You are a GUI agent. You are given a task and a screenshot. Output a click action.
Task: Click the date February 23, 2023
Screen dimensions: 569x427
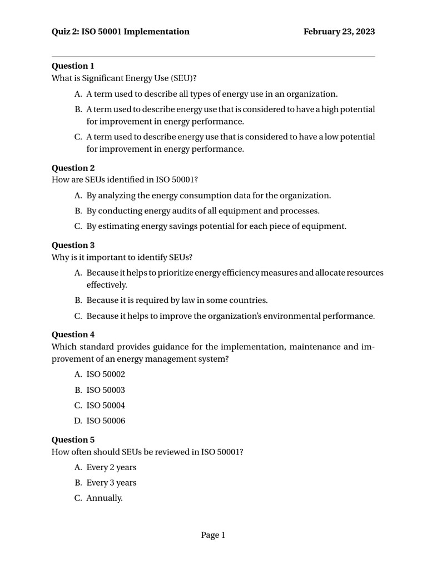click(x=339, y=32)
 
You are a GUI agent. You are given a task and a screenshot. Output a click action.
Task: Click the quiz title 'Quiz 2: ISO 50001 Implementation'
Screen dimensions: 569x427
click(x=121, y=32)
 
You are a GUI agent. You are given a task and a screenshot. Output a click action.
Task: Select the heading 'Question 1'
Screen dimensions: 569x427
click(x=73, y=66)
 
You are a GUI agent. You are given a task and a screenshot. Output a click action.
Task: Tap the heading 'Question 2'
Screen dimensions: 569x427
click(x=73, y=168)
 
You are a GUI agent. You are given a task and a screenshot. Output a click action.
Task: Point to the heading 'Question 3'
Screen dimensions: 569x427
click(x=73, y=245)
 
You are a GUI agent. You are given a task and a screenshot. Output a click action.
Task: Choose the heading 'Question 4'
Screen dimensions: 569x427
click(x=73, y=335)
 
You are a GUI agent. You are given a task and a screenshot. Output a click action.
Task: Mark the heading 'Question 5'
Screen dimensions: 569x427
click(x=73, y=440)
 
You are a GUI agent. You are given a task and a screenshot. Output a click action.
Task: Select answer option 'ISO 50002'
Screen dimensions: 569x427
click(x=106, y=375)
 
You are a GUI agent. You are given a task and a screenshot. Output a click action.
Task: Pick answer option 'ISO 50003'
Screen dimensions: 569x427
click(x=106, y=390)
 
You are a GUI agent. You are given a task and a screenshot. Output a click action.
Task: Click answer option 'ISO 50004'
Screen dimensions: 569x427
click(x=106, y=406)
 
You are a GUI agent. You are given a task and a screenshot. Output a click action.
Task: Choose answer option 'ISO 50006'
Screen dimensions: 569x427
click(x=106, y=421)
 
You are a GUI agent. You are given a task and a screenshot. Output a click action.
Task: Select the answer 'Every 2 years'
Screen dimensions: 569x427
click(x=111, y=467)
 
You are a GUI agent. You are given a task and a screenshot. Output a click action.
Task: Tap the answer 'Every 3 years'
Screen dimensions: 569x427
click(x=111, y=483)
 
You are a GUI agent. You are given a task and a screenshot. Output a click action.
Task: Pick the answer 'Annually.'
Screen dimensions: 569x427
click(x=105, y=498)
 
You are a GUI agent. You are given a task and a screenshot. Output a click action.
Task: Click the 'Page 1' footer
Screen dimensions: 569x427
click(x=213, y=535)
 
